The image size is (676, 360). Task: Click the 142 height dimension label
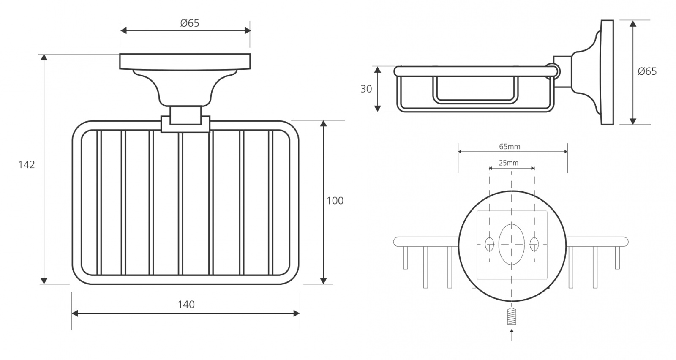27,165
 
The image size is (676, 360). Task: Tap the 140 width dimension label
186,305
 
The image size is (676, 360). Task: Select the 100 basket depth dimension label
335,201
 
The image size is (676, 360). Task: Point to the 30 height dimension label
366,89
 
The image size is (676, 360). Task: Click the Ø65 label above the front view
190,23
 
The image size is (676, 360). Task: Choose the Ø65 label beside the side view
647,71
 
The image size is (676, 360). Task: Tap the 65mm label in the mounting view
510,147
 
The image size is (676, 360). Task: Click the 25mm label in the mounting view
509,163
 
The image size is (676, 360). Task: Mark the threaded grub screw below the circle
512,316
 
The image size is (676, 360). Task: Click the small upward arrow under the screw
512,335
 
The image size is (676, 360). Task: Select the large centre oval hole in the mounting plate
512,244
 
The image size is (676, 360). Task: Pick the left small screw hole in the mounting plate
490,244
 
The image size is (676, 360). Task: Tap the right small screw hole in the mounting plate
534,244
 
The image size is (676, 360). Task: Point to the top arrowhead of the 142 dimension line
44,57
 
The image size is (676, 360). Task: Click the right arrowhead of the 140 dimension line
296,314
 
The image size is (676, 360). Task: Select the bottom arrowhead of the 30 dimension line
378,108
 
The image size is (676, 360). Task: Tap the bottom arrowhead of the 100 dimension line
324,281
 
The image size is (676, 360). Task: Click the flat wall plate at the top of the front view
185,62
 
